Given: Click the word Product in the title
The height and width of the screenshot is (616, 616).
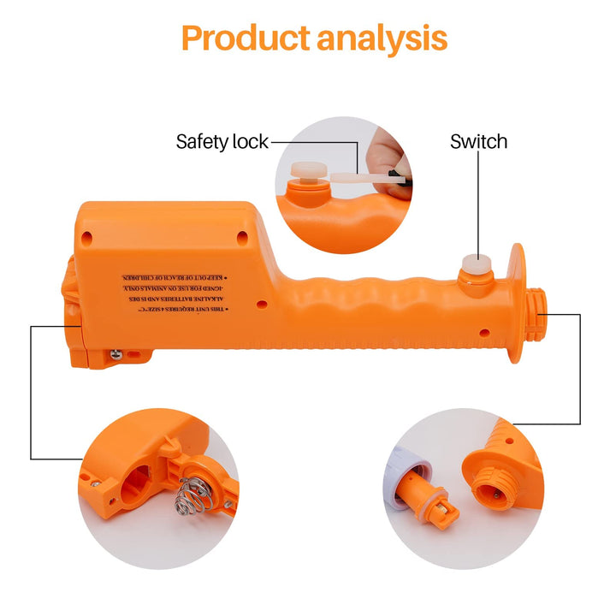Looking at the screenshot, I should click(245, 38).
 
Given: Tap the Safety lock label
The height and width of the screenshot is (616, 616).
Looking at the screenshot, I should click(222, 141).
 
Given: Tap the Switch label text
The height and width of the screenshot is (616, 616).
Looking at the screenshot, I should click(478, 141).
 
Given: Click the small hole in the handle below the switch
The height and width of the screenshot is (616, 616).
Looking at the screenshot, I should click(485, 332).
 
